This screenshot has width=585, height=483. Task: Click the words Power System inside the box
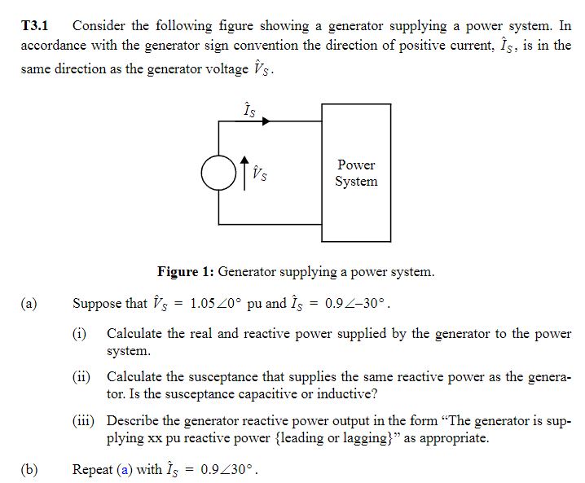(x=356, y=173)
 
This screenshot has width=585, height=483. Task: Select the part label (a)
(x=29, y=304)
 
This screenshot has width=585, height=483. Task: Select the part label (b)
(x=29, y=470)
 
